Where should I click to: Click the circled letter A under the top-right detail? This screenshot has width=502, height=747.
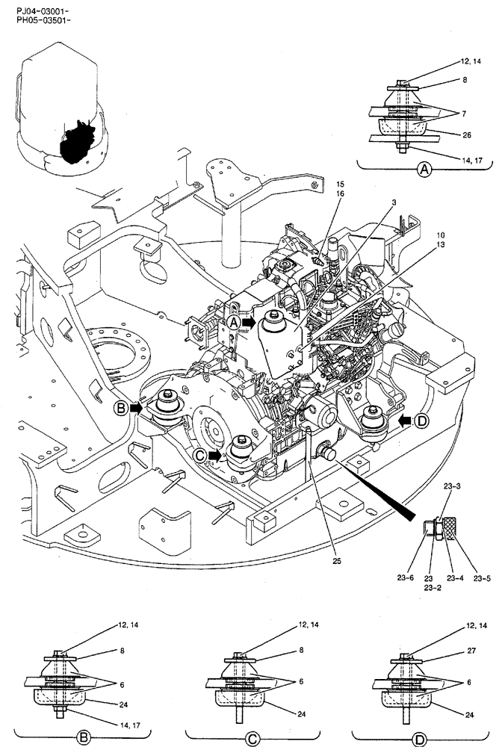(x=424, y=170)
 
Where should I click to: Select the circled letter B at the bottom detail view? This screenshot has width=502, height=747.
(x=84, y=737)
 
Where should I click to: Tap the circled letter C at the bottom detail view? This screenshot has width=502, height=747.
(x=252, y=739)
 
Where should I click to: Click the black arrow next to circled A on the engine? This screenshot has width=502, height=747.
(x=252, y=322)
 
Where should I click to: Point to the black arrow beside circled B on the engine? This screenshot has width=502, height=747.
(x=137, y=408)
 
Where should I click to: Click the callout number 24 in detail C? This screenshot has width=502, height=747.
(x=300, y=714)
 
